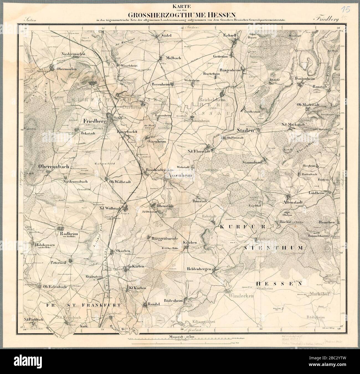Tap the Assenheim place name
pyautogui.click(x=177, y=175)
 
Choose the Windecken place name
pyautogui.click(x=241, y=296)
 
